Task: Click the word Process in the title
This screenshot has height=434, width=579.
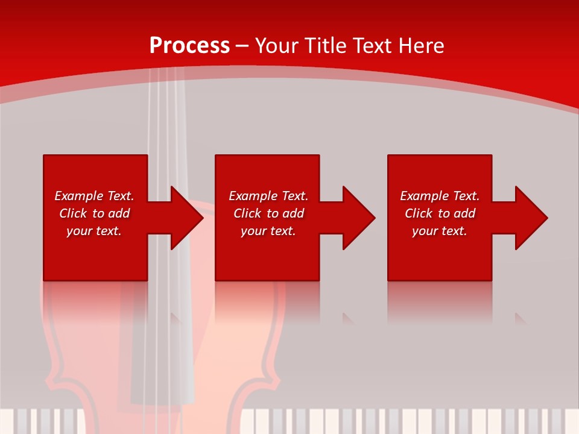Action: (x=189, y=46)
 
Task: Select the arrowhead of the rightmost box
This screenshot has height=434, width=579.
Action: (x=530, y=218)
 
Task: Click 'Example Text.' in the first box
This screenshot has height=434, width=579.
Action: (x=94, y=196)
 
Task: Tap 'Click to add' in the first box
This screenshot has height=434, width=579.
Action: (x=94, y=213)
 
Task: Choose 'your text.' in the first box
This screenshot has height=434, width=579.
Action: (x=94, y=231)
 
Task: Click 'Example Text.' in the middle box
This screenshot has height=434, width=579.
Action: (x=268, y=196)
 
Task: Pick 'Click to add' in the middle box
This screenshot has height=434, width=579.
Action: (x=268, y=213)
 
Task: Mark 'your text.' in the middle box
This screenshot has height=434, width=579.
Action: (x=268, y=231)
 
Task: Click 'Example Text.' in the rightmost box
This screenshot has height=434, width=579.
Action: (x=440, y=196)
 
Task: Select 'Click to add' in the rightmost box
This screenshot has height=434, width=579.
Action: (x=440, y=213)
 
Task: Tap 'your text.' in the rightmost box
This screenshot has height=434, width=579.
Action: (x=440, y=231)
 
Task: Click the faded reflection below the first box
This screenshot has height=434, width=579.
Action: (x=95, y=298)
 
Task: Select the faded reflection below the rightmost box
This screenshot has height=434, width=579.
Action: (x=440, y=298)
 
